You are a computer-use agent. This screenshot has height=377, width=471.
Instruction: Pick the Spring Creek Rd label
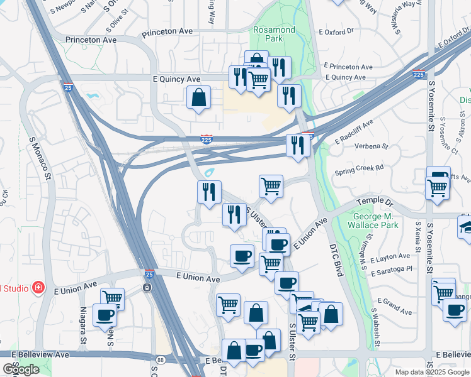(359, 168)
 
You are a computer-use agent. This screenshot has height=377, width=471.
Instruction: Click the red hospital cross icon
(38, 288)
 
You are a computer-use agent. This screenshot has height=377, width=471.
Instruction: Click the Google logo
(21, 369)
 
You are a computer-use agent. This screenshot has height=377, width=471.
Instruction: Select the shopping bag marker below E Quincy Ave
(198, 98)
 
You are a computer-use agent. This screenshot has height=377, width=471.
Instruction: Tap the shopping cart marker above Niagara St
(112, 298)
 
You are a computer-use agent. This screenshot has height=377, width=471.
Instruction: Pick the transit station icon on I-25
(147, 288)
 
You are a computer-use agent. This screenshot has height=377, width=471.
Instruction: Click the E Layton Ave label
(390, 258)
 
